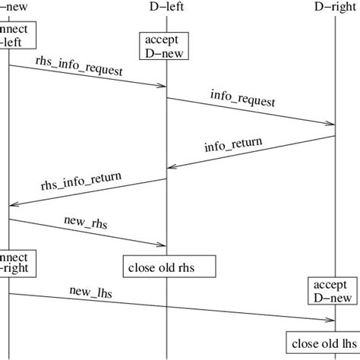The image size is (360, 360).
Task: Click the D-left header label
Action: point(166,7)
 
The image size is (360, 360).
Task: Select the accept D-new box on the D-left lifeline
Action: point(166,46)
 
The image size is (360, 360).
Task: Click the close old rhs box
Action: point(169,266)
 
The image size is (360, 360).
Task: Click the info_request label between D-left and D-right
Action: point(242,98)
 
